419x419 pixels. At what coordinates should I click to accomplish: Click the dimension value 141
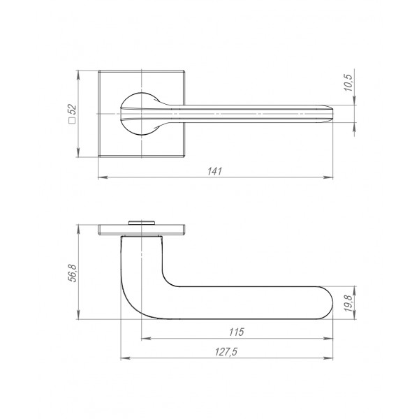click(x=214, y=171)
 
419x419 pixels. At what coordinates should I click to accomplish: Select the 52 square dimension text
click(x=72, y=110)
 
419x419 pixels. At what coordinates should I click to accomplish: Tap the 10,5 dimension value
click(x=348, y=82)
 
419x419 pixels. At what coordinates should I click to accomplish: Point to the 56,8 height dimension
click(x=72, y=273)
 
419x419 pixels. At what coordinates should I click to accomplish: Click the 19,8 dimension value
click(x=348, y=303)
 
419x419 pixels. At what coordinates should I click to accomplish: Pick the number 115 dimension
click(x=237, y=332)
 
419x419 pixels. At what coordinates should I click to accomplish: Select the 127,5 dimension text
click(x=226, y=352)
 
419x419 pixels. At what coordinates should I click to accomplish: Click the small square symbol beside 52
click(x=72, y=120)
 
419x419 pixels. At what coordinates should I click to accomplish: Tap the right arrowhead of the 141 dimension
click(x=328, y=177)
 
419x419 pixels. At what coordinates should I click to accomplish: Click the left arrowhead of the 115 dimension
click(x=146, y=339)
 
